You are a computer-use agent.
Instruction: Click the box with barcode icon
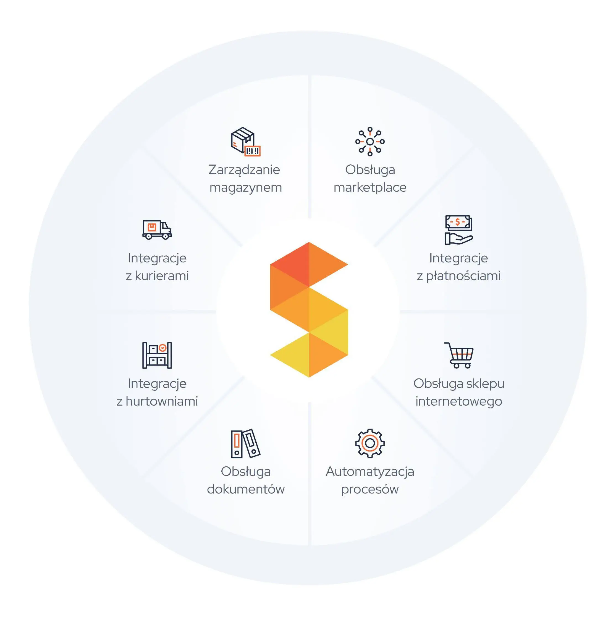246,142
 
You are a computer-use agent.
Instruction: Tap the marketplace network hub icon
370,142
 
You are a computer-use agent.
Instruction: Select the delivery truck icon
157,230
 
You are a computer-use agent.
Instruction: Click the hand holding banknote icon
458,230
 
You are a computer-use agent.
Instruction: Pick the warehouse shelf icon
157,355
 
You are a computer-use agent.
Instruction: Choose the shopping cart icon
459,355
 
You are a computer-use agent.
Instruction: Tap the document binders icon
246,443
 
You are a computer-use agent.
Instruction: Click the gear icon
370,443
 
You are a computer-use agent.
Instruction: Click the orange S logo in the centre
309,309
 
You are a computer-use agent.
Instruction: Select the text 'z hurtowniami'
157,401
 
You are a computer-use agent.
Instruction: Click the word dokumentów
246,489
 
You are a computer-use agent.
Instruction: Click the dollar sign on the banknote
457,222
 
